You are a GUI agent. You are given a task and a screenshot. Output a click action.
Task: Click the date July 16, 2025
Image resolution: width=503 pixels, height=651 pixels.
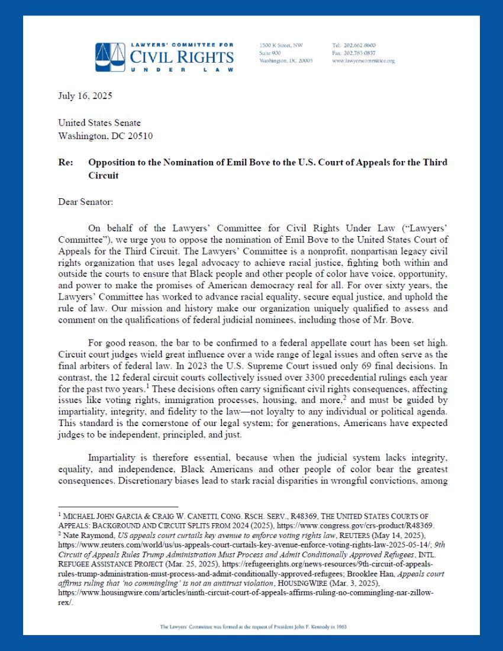(x=85, y=96)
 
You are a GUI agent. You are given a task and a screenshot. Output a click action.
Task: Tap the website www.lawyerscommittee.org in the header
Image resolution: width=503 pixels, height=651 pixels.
(x=363, y=61)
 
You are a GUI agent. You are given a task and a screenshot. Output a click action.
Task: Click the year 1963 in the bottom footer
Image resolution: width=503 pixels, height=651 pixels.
(x=335, y=626)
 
